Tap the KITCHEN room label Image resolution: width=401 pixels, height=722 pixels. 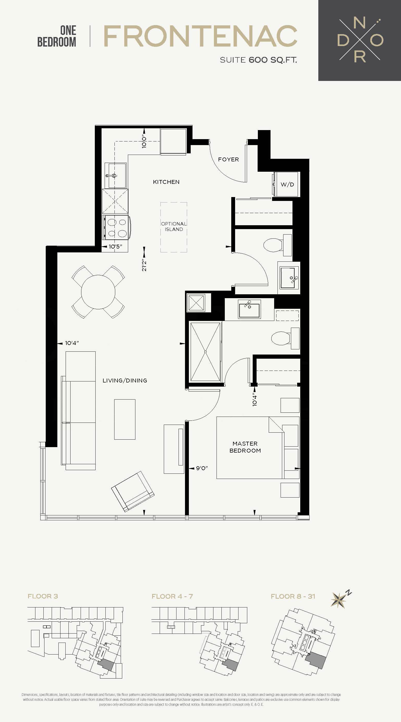coord(166,182)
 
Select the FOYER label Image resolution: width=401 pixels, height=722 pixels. coord(228,160)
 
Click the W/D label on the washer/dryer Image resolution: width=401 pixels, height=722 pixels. coord(287,184)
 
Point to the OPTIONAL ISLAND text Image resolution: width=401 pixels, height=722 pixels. coord(174,227)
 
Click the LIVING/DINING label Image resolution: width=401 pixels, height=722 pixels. coord(125,380)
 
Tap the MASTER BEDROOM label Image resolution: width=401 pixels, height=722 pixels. coord(245,447)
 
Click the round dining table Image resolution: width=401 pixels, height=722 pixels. coord(98,292)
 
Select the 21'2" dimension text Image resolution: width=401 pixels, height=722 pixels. coord(144,265)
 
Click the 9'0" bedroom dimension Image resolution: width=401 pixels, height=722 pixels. coord(202,468)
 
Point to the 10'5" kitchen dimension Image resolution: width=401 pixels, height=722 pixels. coord(115,247)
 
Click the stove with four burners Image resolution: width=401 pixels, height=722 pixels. coord(116,227)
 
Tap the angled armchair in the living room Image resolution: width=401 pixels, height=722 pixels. coord(133,491)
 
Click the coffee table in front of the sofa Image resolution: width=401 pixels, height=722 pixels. coord(125,419)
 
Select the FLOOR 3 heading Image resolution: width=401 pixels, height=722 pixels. coord(43,596)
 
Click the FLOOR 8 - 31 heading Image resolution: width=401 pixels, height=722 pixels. coord(293,596)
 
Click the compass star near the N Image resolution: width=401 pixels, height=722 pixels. coord(338,600)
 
